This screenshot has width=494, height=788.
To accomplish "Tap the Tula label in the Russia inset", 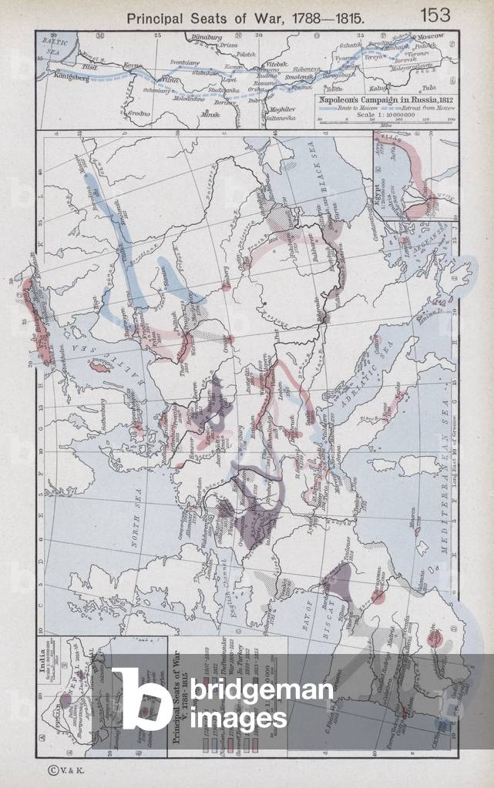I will [445, 88].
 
